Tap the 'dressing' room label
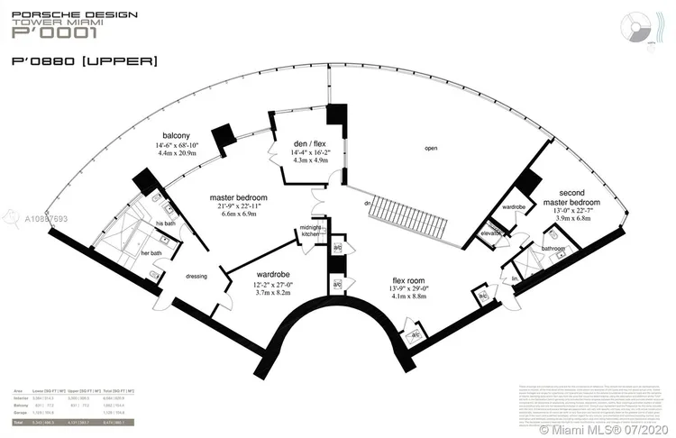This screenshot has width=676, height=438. coord(196,277)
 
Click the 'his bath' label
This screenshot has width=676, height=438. coord(165,224)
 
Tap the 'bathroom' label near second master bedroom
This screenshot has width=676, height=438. coord(553,247)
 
